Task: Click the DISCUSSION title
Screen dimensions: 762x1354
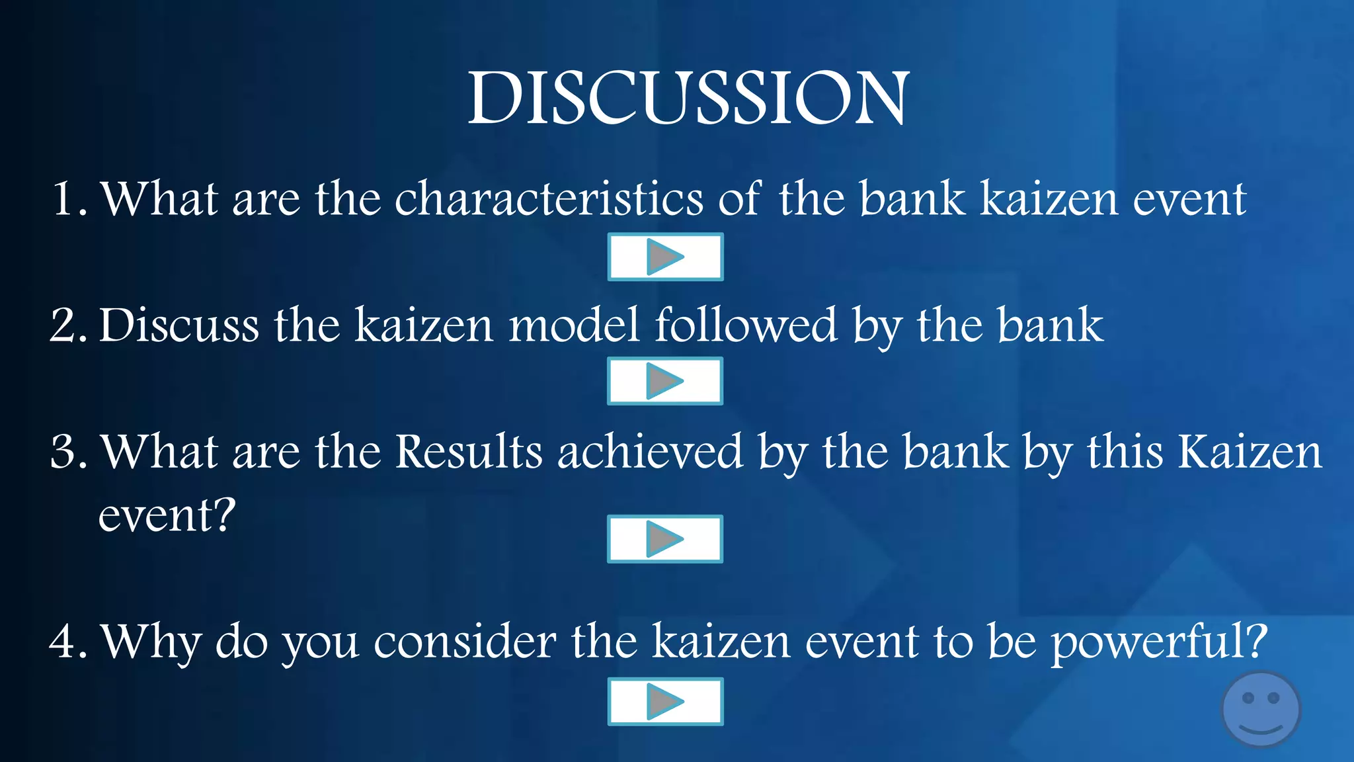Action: pyautogui.click(x=688, y=99)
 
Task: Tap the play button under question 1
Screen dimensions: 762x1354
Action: pyautogui.click(x=665, y=257)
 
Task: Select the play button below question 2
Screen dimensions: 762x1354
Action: pyautogui.click(x=664, y=381)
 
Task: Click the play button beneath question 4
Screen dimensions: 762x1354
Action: pyautogui.click(x=665, y=701)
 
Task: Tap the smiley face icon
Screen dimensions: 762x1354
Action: pyautogui.click(x=1260, y=709)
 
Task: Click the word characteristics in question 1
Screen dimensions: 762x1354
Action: pyautogui.click(x=549, y=198)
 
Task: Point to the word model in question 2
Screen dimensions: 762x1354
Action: pyautogui.click(x=574, y=325)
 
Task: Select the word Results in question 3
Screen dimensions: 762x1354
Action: pyautogui.click(x=469, y=452)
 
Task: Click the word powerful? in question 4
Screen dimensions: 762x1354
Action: pyautogui.click(x=1158, y=642)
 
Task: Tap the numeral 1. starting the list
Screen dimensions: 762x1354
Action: pyautogui.click(x=69, y=198)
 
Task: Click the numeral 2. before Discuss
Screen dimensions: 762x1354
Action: pyautogui.click(x=68, y=325)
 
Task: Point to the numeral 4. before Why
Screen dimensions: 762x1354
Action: pyautogui.click(x=68, y=642)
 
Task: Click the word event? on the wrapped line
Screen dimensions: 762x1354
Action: pyautogui.click(x=167, y=515)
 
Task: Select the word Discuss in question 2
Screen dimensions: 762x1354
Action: pyautogui.click(x=179, y=325)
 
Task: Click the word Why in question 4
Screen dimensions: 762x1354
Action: pyautogui.click(x=150, y=642)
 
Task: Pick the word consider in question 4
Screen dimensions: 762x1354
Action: pyautogui.click(x=464, y=642)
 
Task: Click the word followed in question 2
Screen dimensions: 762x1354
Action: pyautogui.click(x=746, y=325)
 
